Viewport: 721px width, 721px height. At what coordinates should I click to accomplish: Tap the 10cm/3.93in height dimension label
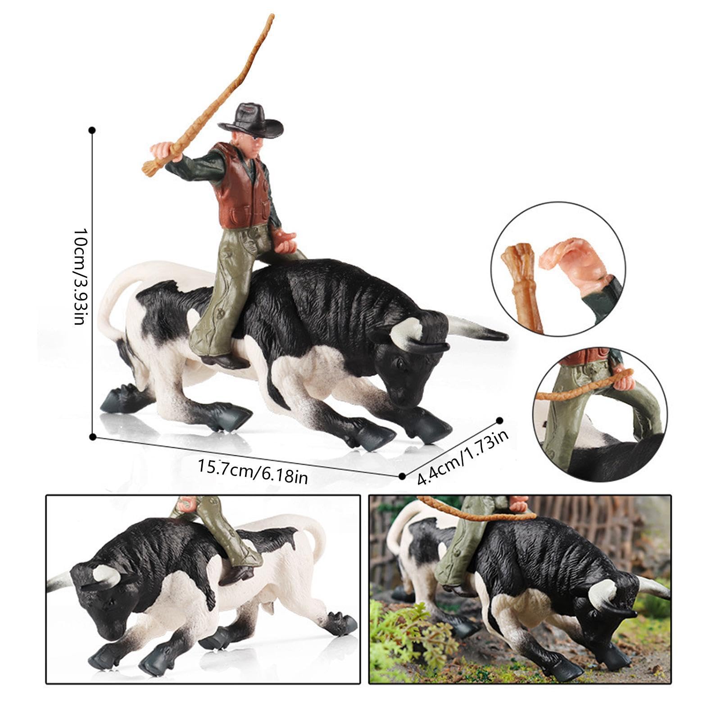point(79,276)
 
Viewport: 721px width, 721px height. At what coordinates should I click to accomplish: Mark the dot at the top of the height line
point(92,131)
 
